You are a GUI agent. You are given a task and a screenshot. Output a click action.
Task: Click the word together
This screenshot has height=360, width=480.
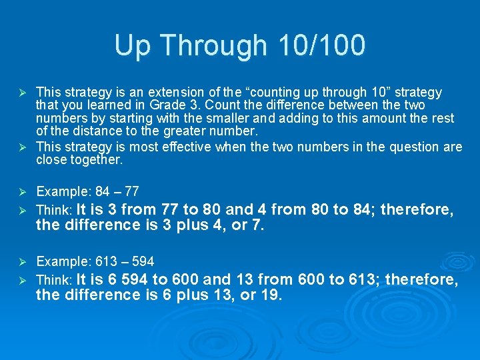98,160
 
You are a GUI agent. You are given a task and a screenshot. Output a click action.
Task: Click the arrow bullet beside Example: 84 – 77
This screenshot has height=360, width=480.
23,192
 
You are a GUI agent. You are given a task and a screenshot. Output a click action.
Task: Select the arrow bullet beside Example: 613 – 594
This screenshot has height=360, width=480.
23,261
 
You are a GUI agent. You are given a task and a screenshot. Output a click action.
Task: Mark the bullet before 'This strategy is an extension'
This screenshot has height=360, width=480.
23,92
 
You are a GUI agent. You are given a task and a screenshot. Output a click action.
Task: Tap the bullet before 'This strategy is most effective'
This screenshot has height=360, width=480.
23,147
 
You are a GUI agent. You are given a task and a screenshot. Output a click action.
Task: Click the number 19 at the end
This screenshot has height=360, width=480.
269,295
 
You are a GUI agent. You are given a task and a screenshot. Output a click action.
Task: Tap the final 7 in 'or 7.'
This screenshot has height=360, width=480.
257,225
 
